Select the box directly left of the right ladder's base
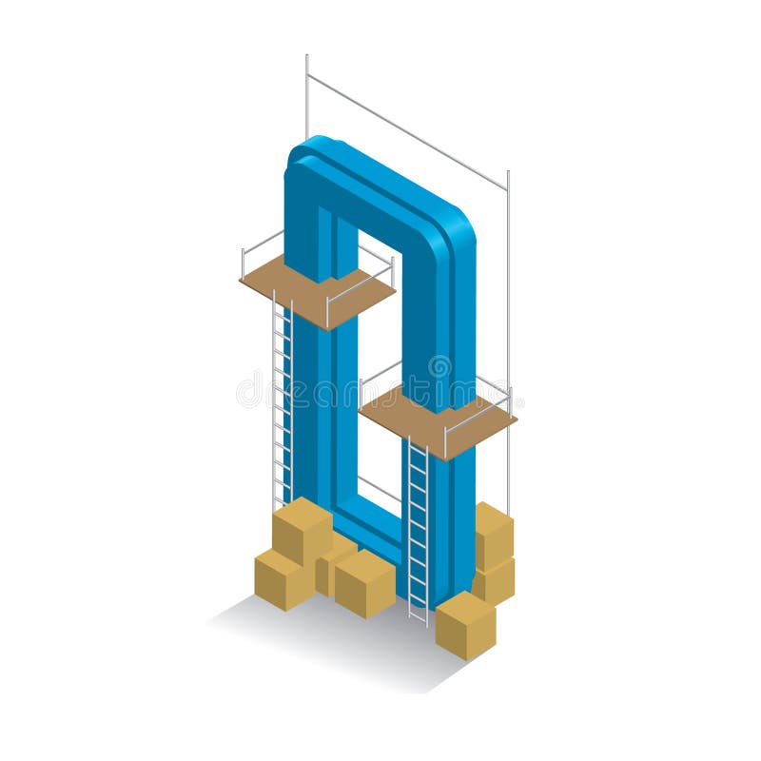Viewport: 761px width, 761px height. coord(364,582)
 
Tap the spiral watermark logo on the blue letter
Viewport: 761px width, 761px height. coord(439,366)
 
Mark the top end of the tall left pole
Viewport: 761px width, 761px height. coord(306,57)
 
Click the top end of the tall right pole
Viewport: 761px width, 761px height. coord(508,173)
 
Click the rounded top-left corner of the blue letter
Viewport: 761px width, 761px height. coord(302,157)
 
